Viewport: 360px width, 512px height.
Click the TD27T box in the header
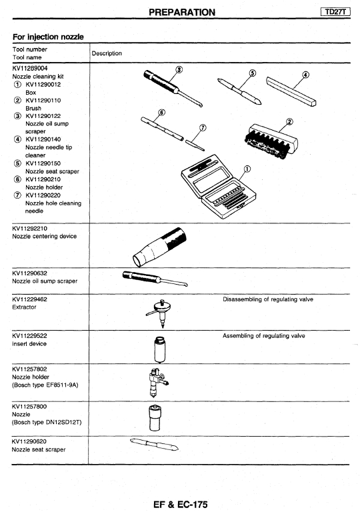point(335,12)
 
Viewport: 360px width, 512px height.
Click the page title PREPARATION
point(182,13)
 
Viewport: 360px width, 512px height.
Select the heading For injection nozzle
point(48,37)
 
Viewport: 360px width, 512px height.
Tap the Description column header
point(107,53)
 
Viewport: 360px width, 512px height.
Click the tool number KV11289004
point(30,68)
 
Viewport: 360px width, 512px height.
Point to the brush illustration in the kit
point(271,142)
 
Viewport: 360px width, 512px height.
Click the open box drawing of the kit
point(218,187)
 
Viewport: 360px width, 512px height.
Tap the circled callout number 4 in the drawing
point(305,75)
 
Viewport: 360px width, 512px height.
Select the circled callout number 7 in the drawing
point(203,128)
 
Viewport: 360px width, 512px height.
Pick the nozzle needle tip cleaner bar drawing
point(291,91)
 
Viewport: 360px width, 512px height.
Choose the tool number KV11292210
point(30,228)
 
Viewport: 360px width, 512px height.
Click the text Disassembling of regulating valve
point(268,299)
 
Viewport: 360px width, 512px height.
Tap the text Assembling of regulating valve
point(264,336)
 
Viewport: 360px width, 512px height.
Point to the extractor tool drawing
point(160,313)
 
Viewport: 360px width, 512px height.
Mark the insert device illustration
point(159,349)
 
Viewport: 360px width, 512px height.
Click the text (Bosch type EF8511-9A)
point(45,385)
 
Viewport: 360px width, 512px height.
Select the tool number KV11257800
point(29,407)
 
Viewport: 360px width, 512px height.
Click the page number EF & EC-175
point(180,505)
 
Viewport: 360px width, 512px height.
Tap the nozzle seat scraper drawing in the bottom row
point(154,445)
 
